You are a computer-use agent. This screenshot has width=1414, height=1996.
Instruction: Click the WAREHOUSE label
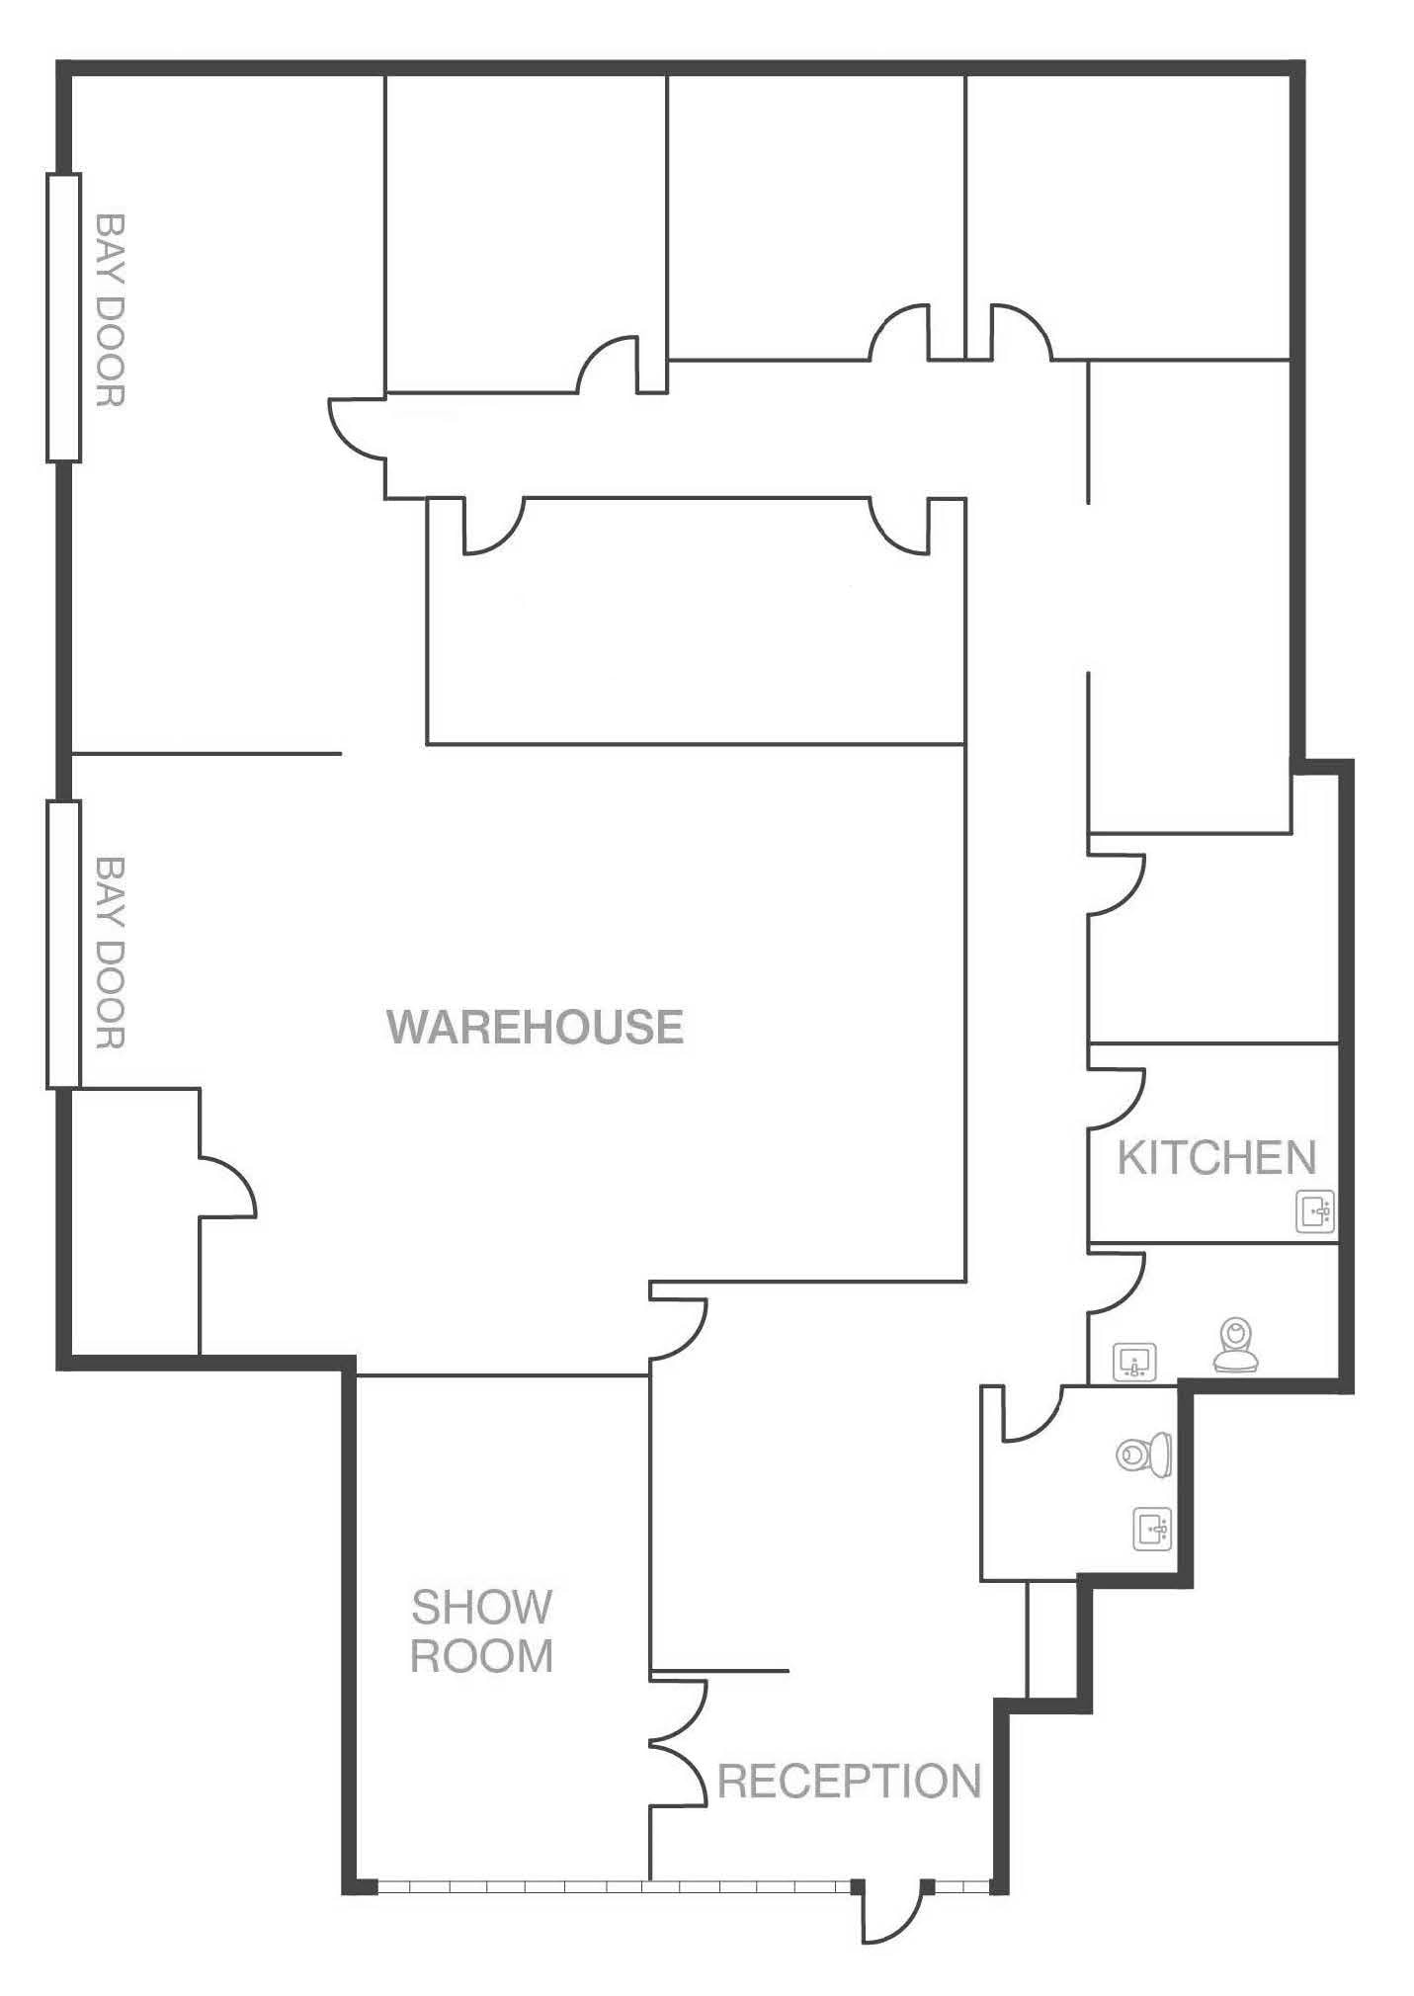tap(535, 1028)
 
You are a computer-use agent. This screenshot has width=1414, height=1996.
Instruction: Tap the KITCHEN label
tap(1216, 1158)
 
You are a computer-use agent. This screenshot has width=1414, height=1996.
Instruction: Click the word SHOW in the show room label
tap(481, 1608)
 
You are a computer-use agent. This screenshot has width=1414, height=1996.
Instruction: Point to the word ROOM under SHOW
tap(481, 1657)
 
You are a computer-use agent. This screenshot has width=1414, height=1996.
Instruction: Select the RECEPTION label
tap(849, 1781)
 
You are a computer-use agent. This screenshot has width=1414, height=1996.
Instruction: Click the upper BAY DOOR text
tap(110, 310)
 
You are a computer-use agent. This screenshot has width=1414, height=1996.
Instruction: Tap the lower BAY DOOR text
tap(110, 953)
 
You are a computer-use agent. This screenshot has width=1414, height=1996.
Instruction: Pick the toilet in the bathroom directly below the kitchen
tap(1236, 1346)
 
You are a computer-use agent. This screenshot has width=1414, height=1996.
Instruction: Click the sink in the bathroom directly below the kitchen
tap(1134, 1363)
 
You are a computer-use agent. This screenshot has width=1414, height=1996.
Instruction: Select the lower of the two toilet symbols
tap(1146, 1454)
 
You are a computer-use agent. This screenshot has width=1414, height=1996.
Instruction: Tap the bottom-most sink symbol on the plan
tap(1152, 1530)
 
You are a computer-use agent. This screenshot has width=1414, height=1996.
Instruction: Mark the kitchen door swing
tap(1117, 1099)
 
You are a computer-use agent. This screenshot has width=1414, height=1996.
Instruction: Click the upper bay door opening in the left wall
tap(63, 317)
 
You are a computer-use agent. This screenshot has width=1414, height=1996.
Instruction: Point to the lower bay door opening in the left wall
tap(63, 945)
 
